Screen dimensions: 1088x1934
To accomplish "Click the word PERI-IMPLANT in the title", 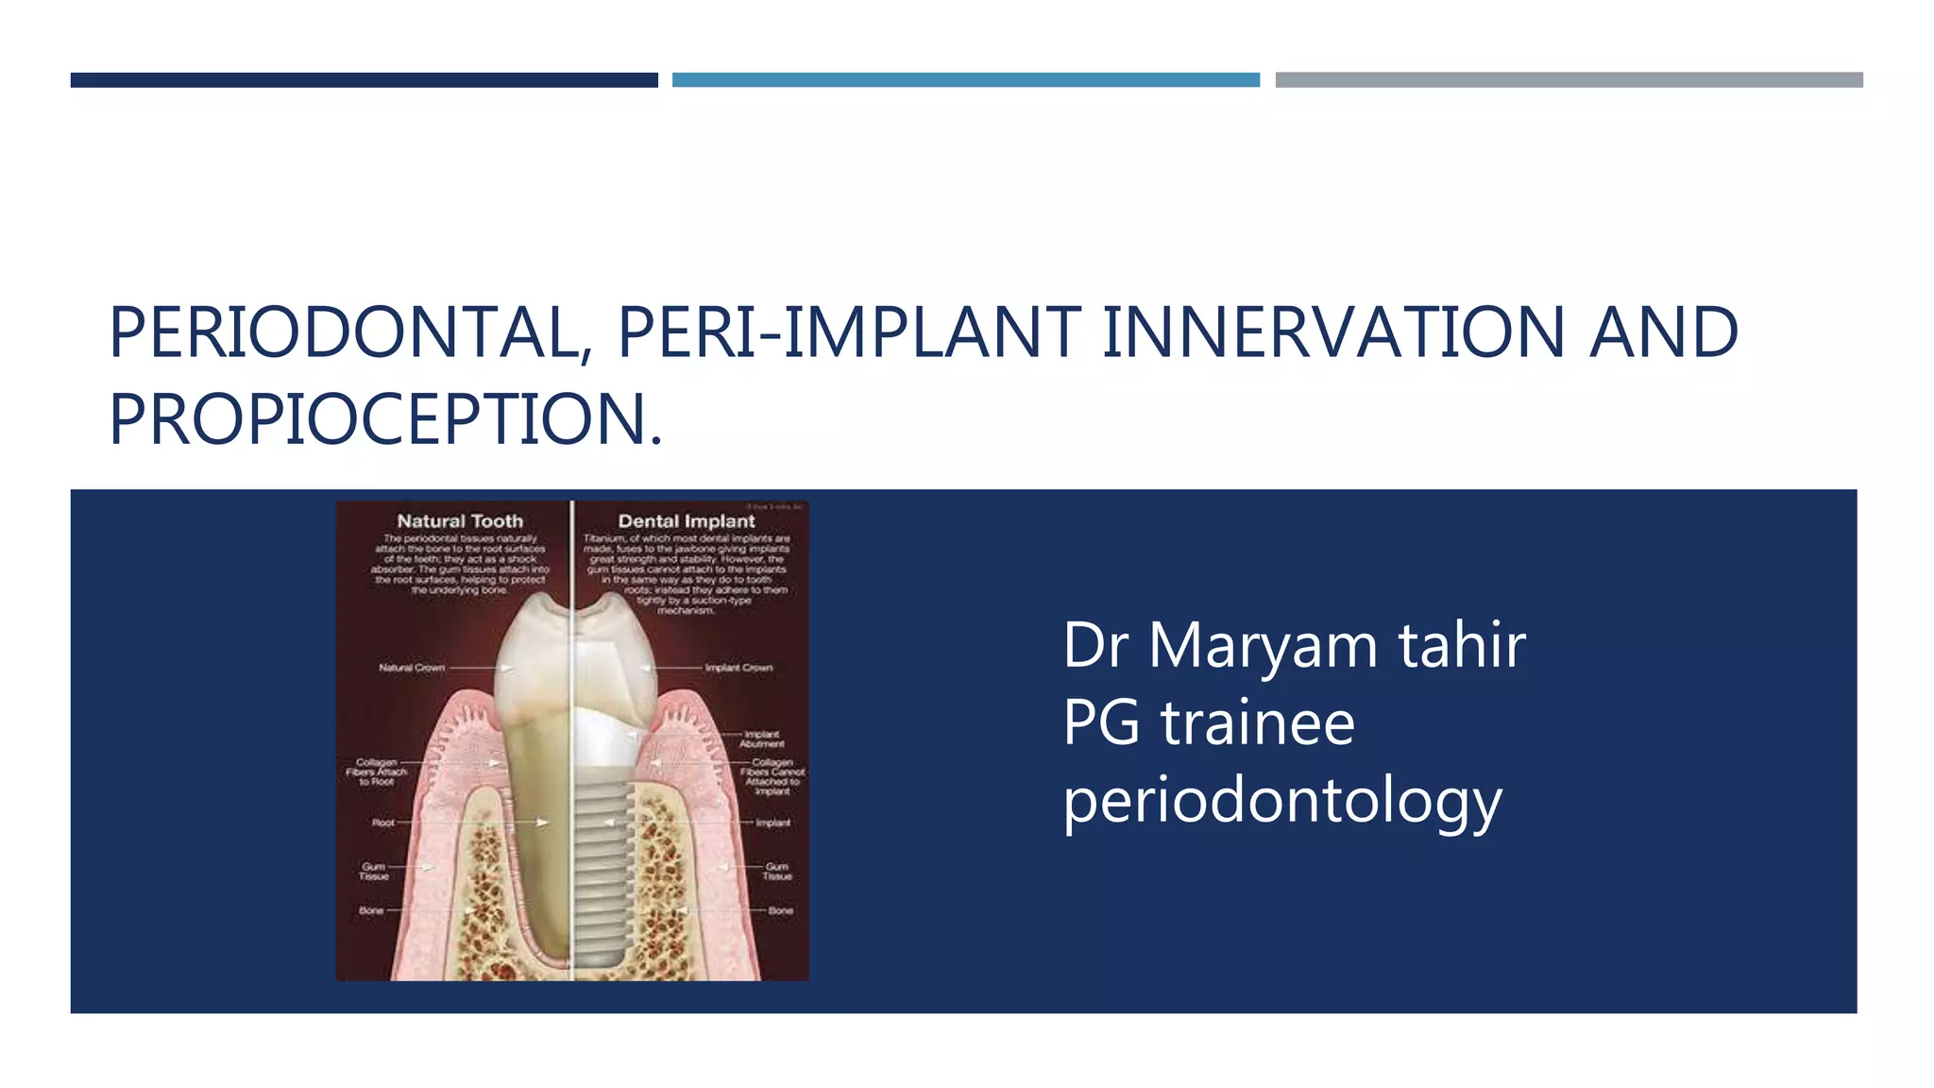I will point(849,333).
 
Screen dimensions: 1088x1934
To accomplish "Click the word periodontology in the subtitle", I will point(1281,802).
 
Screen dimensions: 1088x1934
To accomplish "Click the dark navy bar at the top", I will point(364,80).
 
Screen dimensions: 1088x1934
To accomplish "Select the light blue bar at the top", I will point(965,80).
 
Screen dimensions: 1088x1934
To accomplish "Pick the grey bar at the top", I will point(1569,80).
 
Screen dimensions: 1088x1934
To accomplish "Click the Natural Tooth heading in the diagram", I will point(460,520).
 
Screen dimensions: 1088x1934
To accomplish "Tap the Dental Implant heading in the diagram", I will point(687,520).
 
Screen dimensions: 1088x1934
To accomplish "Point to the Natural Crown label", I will point(412,668).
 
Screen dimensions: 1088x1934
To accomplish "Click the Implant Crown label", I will point(738,668).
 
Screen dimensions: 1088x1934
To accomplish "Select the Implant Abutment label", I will point(761,739).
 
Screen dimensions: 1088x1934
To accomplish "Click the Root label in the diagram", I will point(382,823).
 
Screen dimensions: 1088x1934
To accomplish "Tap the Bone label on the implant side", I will point(781,910).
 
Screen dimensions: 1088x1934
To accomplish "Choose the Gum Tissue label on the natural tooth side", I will point(374,871).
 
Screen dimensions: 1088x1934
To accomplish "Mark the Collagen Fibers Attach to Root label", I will point(376,772).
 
